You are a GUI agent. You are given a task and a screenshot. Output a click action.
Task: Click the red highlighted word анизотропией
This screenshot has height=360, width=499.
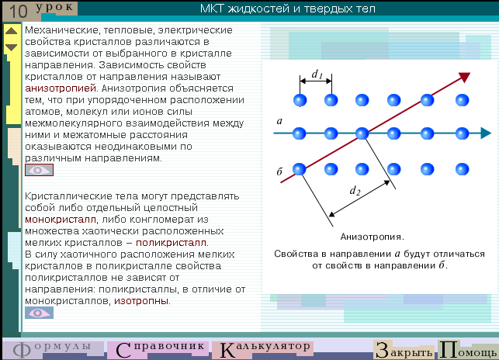(x=61, y=88)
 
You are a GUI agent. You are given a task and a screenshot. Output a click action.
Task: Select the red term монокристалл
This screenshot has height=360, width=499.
(x=61, y=220)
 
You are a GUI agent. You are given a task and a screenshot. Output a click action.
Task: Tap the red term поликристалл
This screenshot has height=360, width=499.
(x=172, y=243)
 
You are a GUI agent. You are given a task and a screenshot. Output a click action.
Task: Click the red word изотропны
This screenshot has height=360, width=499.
(x=141, y=301)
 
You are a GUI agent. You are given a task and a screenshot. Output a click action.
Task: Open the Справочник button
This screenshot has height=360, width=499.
(x=158, y=349)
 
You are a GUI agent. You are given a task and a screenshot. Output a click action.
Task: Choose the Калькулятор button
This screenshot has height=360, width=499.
(x=263, y=349)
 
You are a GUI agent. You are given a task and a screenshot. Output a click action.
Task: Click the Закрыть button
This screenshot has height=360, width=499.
(x=404, y=350)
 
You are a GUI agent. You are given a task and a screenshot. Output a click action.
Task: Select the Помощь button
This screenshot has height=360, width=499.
(x=468, y=350)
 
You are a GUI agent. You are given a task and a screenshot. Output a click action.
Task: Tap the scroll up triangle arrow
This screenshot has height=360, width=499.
(x=12, y=31)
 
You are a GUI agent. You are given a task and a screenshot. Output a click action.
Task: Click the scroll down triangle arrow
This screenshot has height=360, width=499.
(x=12, y=47)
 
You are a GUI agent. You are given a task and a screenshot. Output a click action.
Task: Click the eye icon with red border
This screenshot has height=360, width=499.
(x=39, y=170)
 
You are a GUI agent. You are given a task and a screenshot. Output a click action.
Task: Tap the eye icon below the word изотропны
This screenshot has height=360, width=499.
(x=39, y=313)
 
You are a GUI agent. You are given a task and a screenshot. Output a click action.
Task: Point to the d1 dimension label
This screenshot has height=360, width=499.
(x=317, y=74)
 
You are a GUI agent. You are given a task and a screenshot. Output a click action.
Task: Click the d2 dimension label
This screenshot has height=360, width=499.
(x=355, y=191)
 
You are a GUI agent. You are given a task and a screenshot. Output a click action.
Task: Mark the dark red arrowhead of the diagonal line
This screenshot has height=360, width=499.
(x=465, y=77)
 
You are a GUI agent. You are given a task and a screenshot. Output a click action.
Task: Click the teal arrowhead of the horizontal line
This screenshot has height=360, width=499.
(x=486, y=133)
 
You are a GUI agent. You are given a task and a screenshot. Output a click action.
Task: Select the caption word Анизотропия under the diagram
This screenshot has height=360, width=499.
(x=372, y=237)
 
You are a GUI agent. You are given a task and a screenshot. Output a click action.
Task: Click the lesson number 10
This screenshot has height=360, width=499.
(x=19, y=12)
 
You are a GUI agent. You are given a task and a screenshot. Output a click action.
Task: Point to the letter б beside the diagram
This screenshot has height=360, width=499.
(x=279, y=171)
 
